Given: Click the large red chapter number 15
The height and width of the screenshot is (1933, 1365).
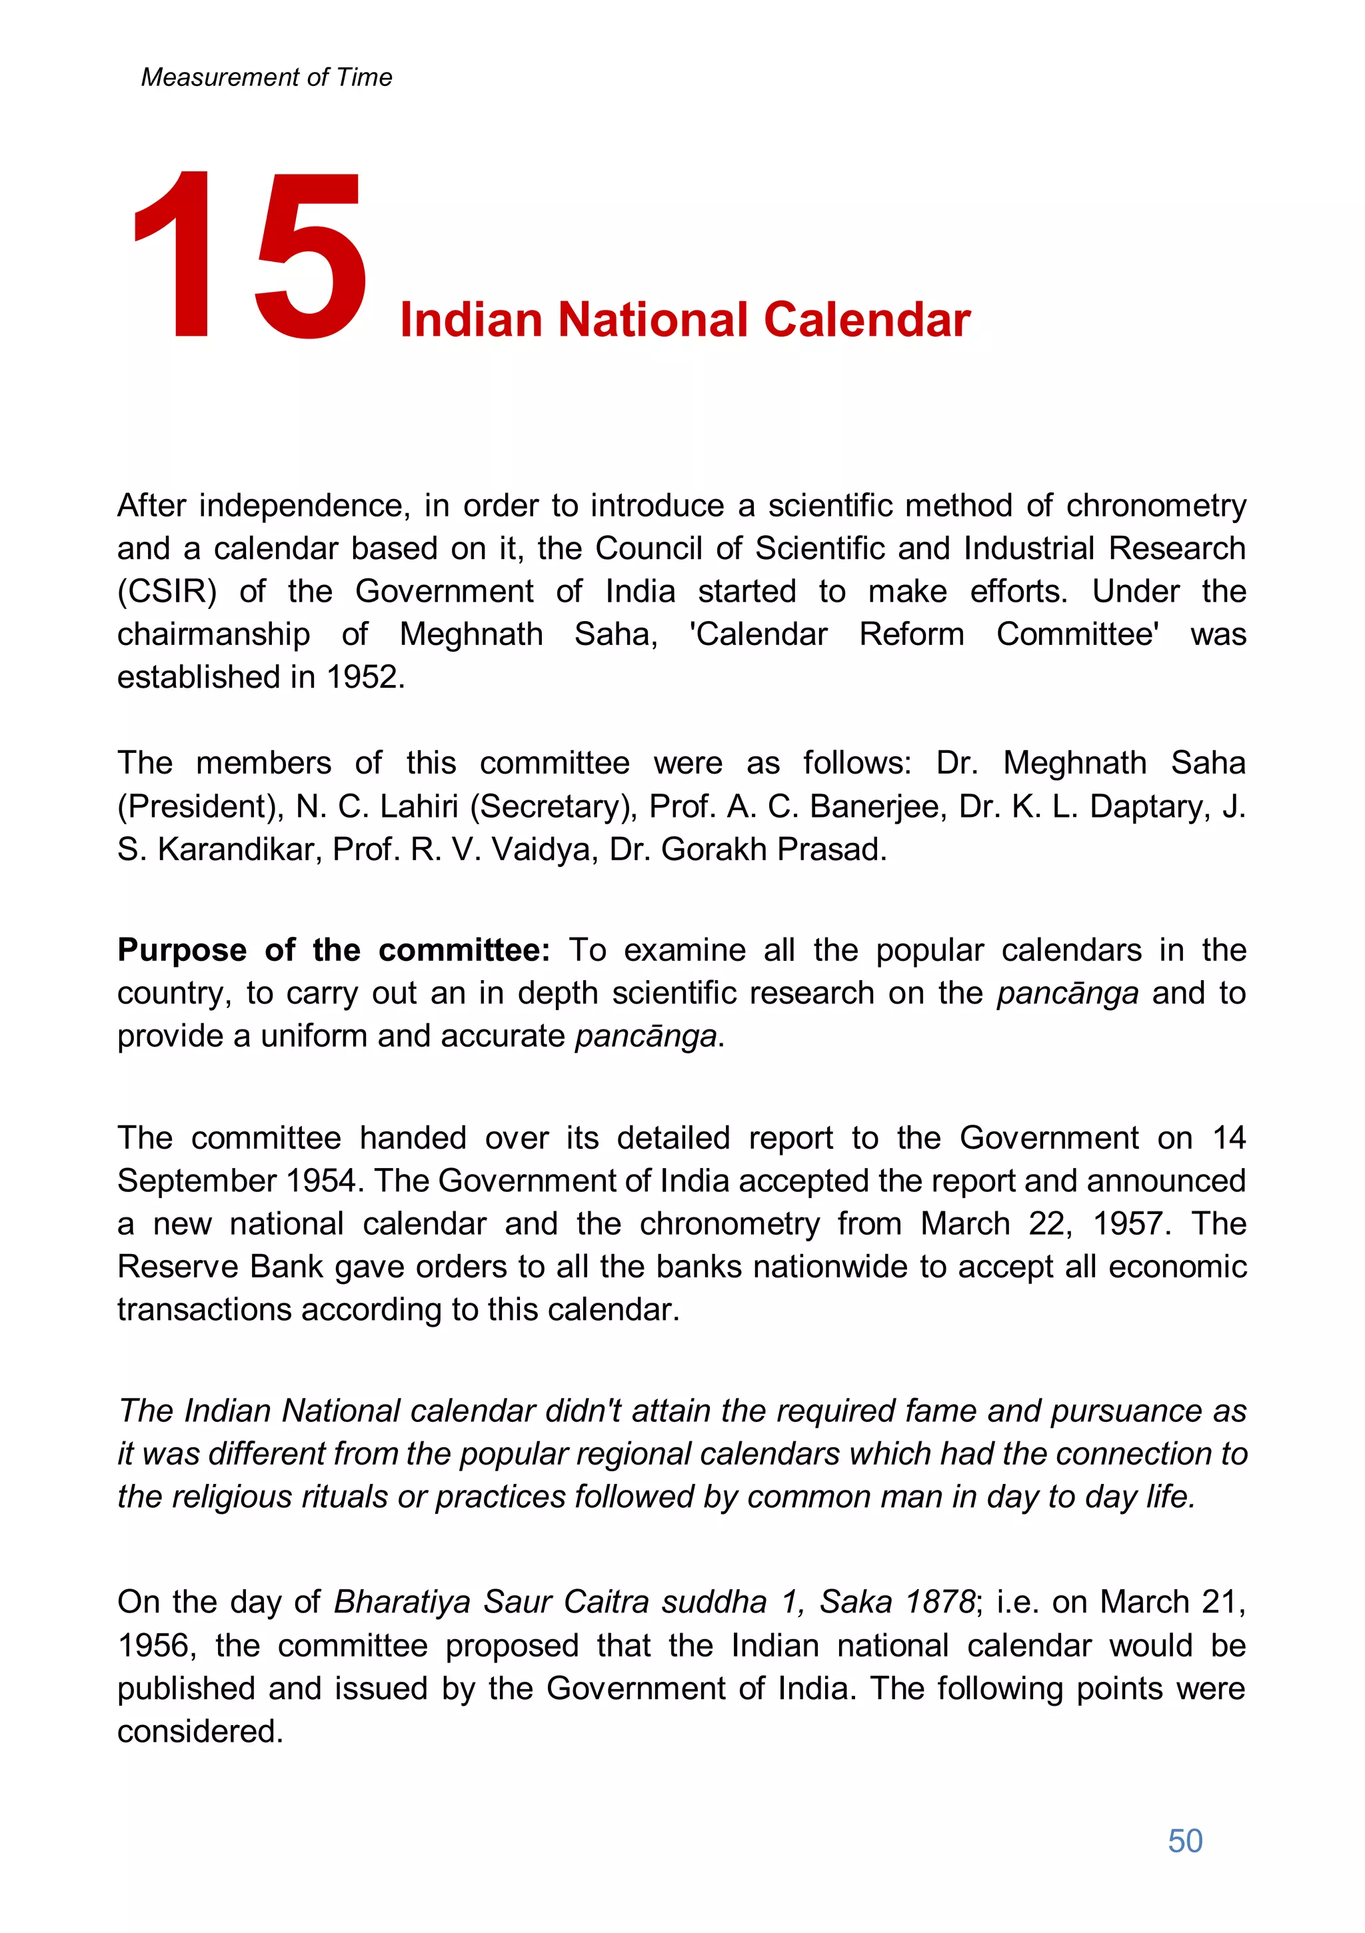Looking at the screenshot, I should pyautogui.click(x=249, y=256).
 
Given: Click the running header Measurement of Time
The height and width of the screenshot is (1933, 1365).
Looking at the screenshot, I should pyautogui.click(x=266, y=77).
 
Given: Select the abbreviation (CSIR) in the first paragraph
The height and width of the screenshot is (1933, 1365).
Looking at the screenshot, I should pyautogui.click(x=167, y=592).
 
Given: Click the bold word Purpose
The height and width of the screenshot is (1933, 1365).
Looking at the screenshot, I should pyautogui.click(x=181, y=950).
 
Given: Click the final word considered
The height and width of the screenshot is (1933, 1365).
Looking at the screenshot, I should pyautogui.click(x=199, y=1732).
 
